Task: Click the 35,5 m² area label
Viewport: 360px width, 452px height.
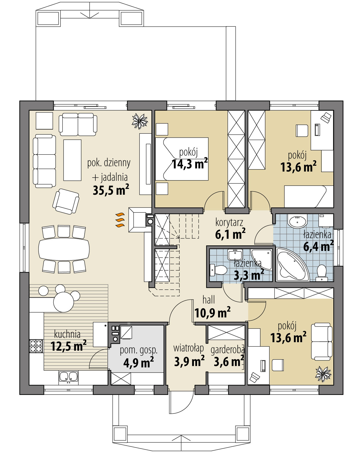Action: pos(111,190)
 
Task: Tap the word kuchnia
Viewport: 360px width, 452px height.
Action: pos(67,334)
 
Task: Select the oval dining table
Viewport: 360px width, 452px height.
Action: pos(64,249)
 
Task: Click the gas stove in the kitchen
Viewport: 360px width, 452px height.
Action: pos(36,346)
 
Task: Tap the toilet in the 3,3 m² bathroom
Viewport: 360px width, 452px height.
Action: pos(218,270)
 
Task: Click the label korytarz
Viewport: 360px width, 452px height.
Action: pos(229,222)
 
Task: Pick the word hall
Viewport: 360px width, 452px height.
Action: pos(209,300)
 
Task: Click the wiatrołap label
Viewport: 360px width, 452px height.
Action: pos(188,348)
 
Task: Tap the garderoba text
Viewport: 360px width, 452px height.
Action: pos(228,350)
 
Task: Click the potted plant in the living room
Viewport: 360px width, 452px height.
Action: pos(139,121)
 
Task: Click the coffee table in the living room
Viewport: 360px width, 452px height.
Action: pos(72,160)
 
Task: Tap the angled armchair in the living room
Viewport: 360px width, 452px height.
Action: pos(66,201)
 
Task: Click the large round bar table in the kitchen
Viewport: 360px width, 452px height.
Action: pos(64,302)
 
